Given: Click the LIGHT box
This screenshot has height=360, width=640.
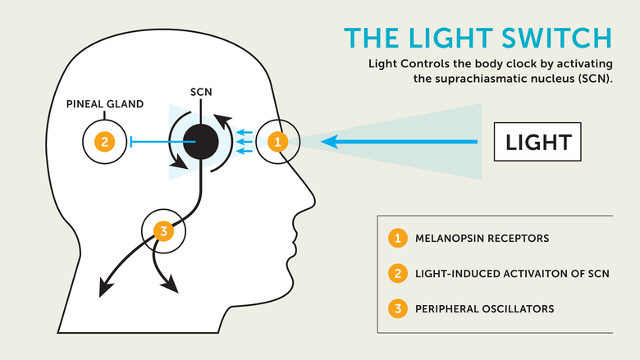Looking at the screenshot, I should tap(538, 142).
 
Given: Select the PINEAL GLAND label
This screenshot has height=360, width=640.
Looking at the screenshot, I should tap(105, 104).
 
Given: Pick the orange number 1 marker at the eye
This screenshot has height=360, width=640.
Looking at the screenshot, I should tap(278, 142).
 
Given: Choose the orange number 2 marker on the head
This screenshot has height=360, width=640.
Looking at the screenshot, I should tap(104, 142).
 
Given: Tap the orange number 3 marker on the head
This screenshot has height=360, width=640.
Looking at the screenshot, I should tap(163, 230).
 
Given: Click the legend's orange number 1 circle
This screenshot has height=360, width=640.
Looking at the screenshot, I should tap(398, 239).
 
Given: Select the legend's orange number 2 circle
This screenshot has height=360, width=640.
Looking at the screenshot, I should tap(398, 274).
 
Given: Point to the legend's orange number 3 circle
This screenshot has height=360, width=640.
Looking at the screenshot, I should tap(398, 308).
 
